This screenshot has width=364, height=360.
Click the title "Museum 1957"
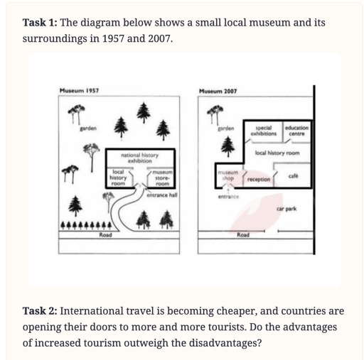coord(79,92)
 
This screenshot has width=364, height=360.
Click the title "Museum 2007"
coord(218,92)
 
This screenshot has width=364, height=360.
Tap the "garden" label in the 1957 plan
coord(87,128)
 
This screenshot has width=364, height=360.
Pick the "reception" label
coord(258,180)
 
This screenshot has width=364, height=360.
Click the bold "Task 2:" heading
coord(42,311)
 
